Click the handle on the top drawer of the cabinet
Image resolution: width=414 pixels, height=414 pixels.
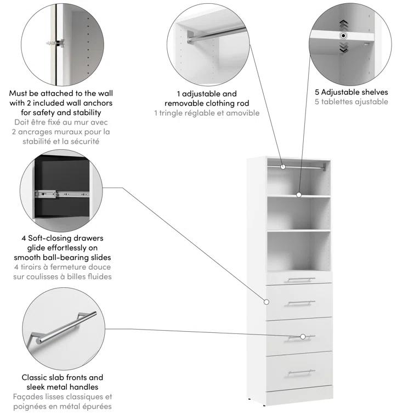pyautogui.click(x=299, y=280)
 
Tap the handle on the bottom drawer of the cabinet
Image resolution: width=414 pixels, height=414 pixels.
pyautogui.click(x=299, y=372)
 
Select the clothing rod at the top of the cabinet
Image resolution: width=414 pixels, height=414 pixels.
pyautogui.click(x=307, y=164)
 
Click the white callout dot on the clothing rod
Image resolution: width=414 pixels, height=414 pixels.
pyautogui.click(x=283, y=166)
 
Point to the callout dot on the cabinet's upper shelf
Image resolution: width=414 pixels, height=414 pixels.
pyautogui.click(x=299, y=194)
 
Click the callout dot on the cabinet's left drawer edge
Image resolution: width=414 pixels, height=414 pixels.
pyautogui.click(x=266, y=302)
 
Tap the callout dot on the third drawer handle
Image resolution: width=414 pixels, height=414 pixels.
pyautogui.click(x=302, y=337)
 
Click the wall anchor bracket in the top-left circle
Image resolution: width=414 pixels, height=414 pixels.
pyautogui.click(x=55, y=42)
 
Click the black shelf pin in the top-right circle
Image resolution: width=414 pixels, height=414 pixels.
pyautogui.click(x=343, y=36)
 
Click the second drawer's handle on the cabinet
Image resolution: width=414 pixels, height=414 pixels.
pyautogui.click(x=299, y=303)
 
